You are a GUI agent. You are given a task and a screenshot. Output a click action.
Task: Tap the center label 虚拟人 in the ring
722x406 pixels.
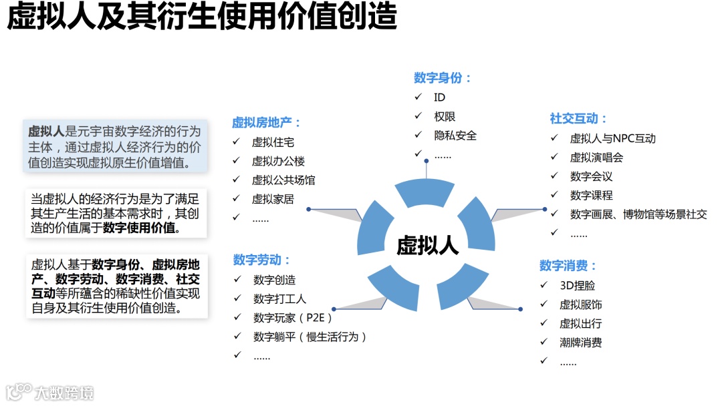[x=427, y=245]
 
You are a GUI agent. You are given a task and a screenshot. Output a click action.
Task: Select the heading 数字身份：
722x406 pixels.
[x=443, y=78]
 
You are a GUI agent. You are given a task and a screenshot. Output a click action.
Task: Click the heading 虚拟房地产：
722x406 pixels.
[x=267, y=123]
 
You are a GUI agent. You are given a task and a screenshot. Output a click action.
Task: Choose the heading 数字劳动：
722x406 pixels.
[x=262, y=260]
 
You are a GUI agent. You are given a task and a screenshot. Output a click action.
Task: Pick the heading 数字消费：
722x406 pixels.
[x=568, y=266]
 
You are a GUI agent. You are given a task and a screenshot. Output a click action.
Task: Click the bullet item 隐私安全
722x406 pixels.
[x=455, y=136]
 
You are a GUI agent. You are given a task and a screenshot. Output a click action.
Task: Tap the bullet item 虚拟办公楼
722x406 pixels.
[x=278, y=161]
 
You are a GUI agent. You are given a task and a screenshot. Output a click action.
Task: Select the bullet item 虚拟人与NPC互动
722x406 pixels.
[x=612, y=138]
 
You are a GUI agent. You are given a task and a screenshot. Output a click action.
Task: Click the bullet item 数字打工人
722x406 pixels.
[x=279, y=299]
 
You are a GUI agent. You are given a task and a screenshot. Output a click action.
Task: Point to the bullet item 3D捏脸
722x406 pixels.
[x=577, y=285]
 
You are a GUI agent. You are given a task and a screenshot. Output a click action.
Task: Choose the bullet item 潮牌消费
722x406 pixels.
[x=580, y=343]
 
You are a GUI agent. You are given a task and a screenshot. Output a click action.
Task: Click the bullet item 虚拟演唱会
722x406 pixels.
[x=596, y=158]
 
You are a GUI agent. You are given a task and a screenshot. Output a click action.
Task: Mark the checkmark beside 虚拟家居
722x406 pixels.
[x=236, y=198]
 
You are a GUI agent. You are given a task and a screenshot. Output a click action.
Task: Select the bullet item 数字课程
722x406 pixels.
[x=591, y=196]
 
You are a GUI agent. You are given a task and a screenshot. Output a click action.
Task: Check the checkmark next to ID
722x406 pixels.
[x=418, y=97]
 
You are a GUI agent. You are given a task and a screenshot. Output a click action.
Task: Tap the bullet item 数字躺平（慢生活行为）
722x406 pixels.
[x=310, y=337]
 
